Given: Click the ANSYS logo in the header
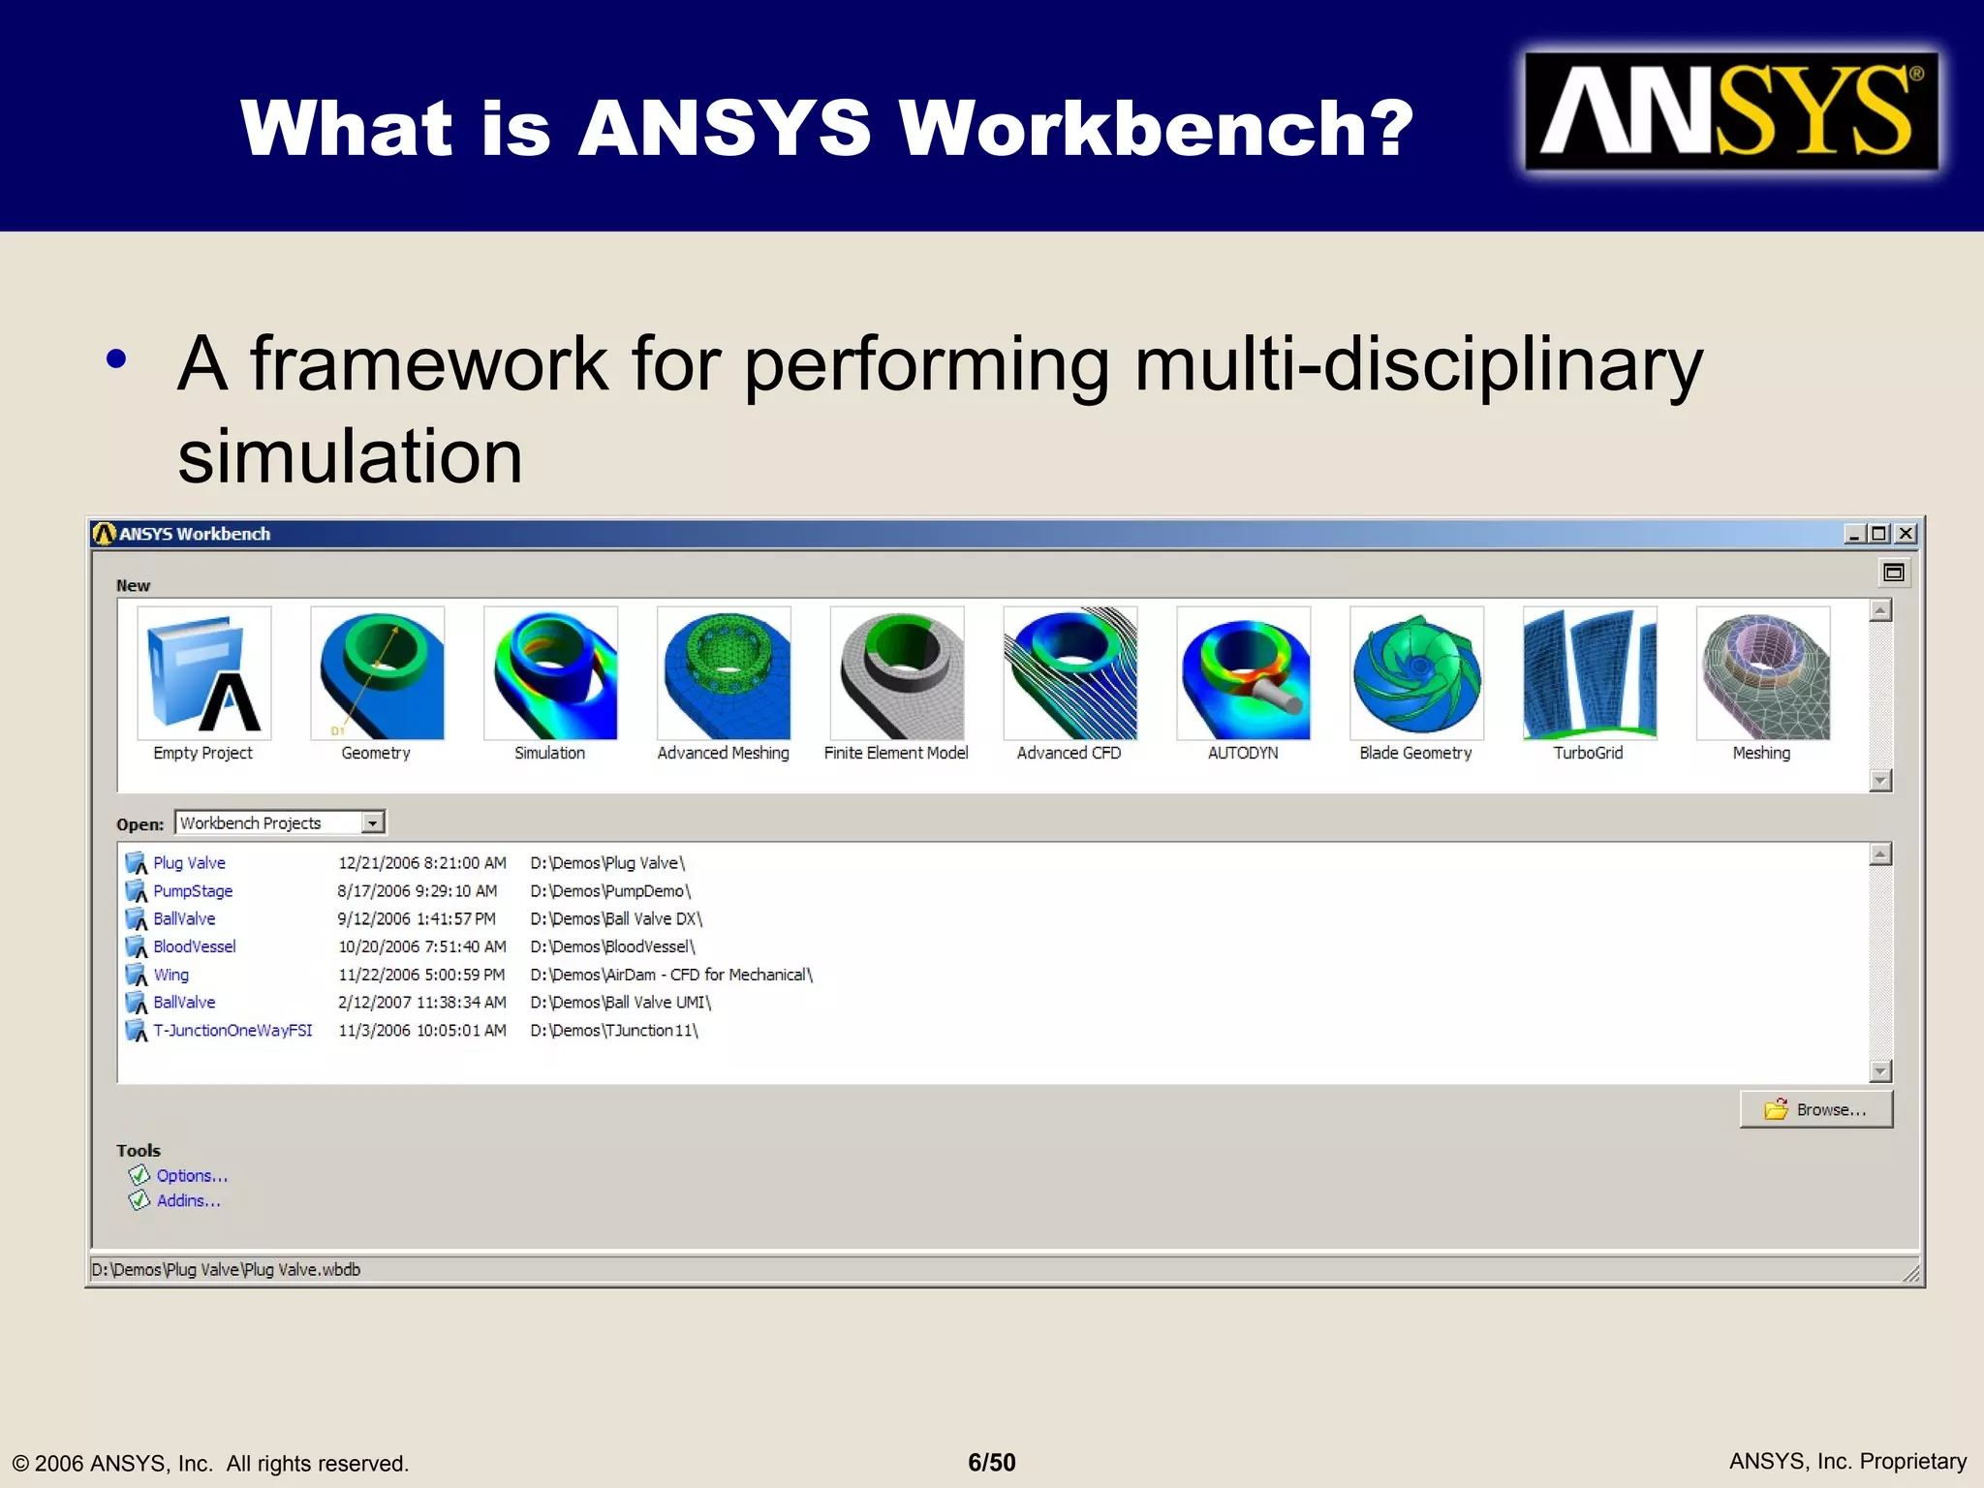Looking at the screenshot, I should tap(1731, 111).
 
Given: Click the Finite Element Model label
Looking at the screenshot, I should tap(896, 754).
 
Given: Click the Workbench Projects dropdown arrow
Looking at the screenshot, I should tap(373, 823).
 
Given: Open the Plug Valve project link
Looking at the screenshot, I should tap(189, 863).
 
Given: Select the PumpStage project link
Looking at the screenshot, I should tap(193, 891).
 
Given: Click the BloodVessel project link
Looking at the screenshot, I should tap(194, 946).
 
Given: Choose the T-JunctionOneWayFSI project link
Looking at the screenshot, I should tap(232, 1031).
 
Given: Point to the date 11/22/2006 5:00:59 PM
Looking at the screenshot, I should tap(421, 975).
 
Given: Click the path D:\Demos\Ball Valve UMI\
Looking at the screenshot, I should tap(620, 1003).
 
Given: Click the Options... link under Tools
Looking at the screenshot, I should tap(192, 1176).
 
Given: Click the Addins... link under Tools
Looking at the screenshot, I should tap(188, 1201).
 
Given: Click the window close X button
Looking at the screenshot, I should tap(1906, 534).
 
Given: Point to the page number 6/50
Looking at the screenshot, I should tap(992, 1463).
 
